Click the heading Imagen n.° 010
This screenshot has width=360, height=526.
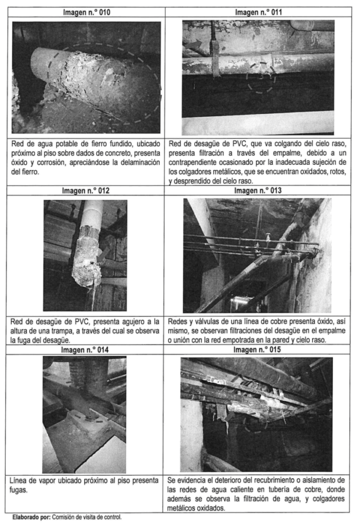tap(86, 11)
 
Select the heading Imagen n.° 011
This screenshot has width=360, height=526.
tap(258, 11)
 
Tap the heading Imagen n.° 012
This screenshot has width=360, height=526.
tap(86, 192)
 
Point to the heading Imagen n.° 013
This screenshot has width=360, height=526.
tap(258, 192)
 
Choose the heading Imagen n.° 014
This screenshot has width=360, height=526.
tap(86, 349)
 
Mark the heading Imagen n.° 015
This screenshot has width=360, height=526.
tap(258, 349)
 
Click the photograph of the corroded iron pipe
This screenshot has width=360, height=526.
tap(86, 77)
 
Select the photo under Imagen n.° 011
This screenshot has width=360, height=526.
tap(258, 77)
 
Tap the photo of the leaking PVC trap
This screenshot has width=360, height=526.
tap(85, 255)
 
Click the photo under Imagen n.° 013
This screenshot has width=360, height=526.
tap(258, 255)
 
